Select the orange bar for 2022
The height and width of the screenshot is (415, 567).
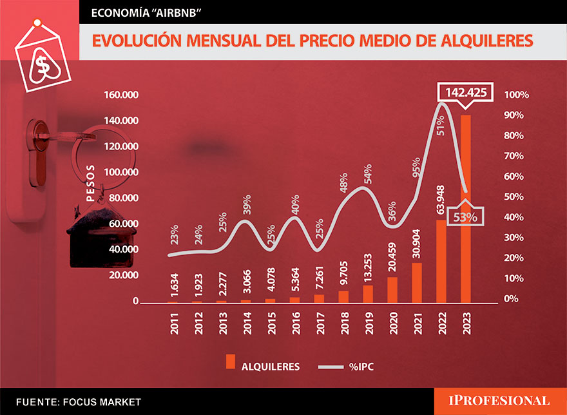coord(441,264)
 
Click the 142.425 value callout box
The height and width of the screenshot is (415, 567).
coord(465,92)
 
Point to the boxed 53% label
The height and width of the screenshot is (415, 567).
coord(464,217)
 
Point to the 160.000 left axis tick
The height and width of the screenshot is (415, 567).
coord(121,95)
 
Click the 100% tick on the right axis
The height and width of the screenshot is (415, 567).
coord(516,95)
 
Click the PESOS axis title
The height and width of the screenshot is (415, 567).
coord(90,183)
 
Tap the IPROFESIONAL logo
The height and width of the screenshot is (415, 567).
coord(499,401)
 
